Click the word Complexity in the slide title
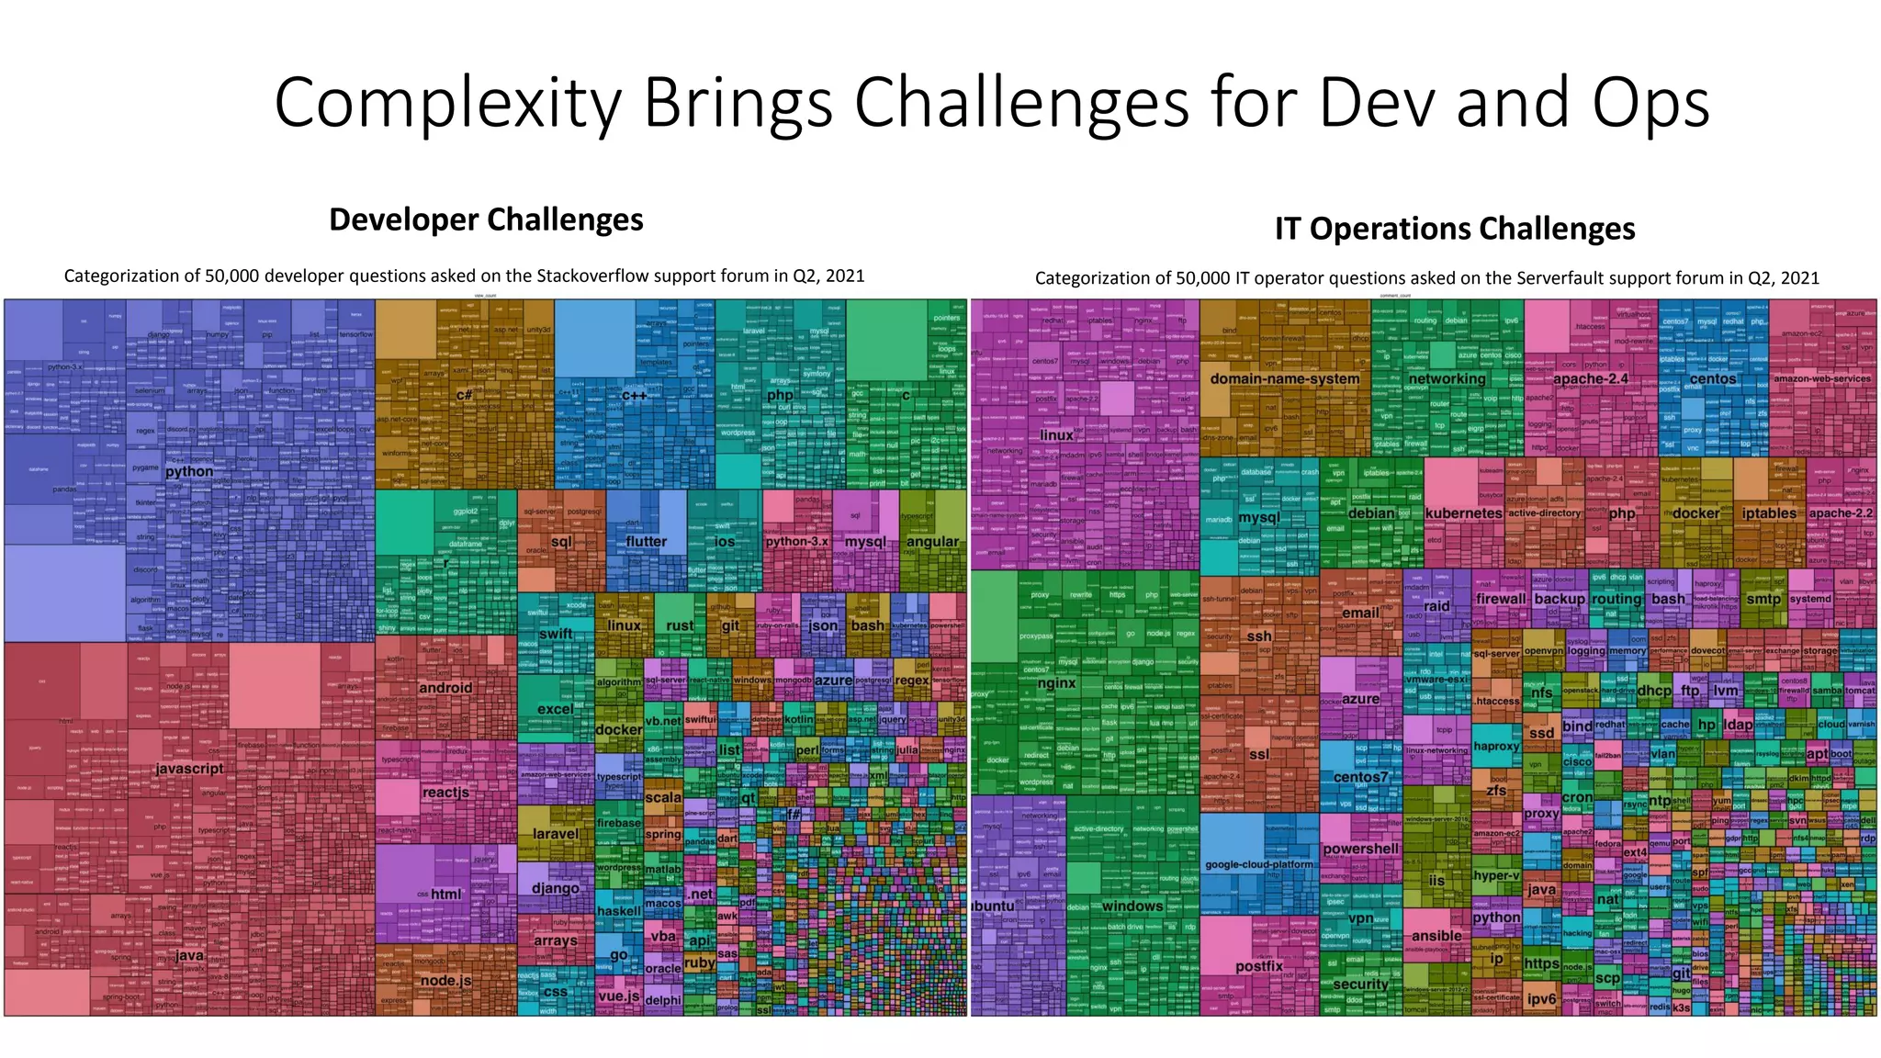coord(447,103)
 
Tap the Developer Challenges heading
coord(486,219)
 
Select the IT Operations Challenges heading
coord(1454,228)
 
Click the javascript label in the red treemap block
coord(189,769)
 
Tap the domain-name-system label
coord(1284,378)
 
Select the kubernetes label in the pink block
coord(1463,513)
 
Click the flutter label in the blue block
coord(646,541)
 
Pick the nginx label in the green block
coord(1056,682)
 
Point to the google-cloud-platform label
coord(1258,864)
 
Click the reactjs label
coord(445,792)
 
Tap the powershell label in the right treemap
coord(1360,849)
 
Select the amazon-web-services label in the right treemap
coord(1821,378)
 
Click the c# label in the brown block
coord(465,395)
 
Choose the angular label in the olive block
coord(932,541)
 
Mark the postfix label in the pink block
coord(1258,966)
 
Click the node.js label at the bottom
coord(445,980)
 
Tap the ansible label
coord(1436,936)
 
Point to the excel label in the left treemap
coord(555,709)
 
